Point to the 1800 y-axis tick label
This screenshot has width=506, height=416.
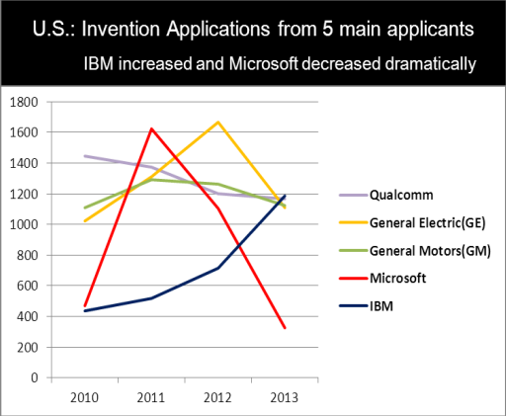coord(24,102)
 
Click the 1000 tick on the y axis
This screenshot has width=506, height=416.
coord(24,224)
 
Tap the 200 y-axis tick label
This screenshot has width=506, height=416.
coord(28,347)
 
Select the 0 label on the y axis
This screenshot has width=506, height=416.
coord(35,377)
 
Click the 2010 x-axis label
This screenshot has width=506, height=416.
coord(84,398)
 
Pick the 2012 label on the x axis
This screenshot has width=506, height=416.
coord(217,398)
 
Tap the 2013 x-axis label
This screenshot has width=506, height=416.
coord(284,398)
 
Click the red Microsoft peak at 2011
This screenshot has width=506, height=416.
coord(151,128)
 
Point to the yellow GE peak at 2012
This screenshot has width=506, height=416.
coord(217,123)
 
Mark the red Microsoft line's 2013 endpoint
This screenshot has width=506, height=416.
coord(285,328)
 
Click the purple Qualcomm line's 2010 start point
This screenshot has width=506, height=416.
coord(85,156)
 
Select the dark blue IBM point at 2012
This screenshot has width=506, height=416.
coord(217,268)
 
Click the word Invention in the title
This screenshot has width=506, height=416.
coord(121,29)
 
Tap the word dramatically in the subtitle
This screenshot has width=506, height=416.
coord(431,63)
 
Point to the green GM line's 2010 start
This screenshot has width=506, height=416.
coord(85,208)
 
